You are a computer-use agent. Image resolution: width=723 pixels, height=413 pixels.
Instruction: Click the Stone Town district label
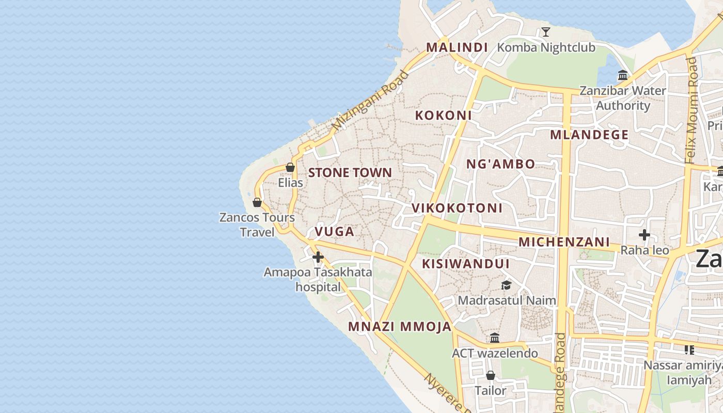click(350, 172)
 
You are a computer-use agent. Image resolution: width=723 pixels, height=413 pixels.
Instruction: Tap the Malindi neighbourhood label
click(457, 47)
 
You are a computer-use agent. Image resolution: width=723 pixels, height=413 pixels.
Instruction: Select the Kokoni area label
click(443, 115)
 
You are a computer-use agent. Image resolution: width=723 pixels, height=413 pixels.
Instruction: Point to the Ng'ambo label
click(500, 164)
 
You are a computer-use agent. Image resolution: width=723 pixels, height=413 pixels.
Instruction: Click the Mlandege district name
click(589, 135)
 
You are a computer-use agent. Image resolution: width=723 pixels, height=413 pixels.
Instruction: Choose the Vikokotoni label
click(457, 208)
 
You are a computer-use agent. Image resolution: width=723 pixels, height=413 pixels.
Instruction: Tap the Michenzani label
click(564, 242)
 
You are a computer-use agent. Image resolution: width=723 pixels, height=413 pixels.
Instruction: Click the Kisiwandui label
click(466, 264)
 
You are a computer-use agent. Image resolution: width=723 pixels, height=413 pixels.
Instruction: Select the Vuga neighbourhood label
click(335, 231)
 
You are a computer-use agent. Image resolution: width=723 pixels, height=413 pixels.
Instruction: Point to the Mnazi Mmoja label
click(400, 326)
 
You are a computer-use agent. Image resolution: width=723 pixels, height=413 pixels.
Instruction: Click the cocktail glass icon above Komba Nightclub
click(546, 32)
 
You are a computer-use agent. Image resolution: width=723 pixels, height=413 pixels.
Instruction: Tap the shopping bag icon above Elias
click(290, 167)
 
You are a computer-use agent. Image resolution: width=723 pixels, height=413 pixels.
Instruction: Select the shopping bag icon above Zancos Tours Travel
click(257, 202)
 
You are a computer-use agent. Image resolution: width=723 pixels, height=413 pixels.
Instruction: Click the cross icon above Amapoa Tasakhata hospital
click(318, 257)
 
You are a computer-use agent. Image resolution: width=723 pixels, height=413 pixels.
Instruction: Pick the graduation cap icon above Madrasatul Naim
click(506, 285)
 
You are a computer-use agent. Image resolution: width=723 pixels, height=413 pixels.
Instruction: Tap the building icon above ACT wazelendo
click(495, 338)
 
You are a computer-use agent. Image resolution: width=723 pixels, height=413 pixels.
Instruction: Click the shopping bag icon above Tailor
click(491, 375)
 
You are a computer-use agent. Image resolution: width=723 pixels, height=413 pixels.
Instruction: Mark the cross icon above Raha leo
click(644, 235)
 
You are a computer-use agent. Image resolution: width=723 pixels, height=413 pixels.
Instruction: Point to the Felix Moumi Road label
click(691, 110)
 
